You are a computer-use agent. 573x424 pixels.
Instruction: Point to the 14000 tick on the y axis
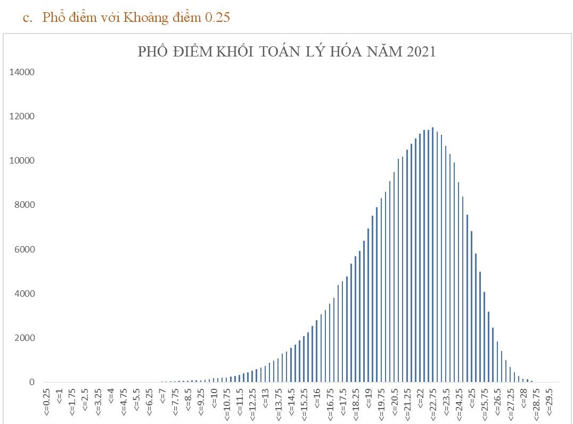22,72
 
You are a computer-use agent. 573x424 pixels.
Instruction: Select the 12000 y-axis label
22,117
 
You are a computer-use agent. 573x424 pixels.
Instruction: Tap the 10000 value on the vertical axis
22,161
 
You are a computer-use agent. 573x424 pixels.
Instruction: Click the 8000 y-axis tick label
24,205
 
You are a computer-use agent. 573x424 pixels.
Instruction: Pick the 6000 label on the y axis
24,249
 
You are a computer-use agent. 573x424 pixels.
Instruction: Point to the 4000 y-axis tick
24,293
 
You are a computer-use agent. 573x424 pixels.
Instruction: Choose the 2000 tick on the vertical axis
24,338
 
